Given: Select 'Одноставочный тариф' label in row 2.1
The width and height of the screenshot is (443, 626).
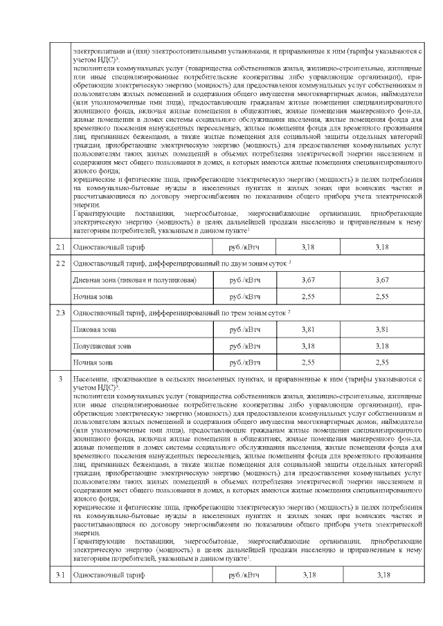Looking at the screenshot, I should (109, 246).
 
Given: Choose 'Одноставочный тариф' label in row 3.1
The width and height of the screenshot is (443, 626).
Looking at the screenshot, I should (109, 575).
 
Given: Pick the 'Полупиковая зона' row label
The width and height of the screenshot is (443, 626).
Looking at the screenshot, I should (102, 345).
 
